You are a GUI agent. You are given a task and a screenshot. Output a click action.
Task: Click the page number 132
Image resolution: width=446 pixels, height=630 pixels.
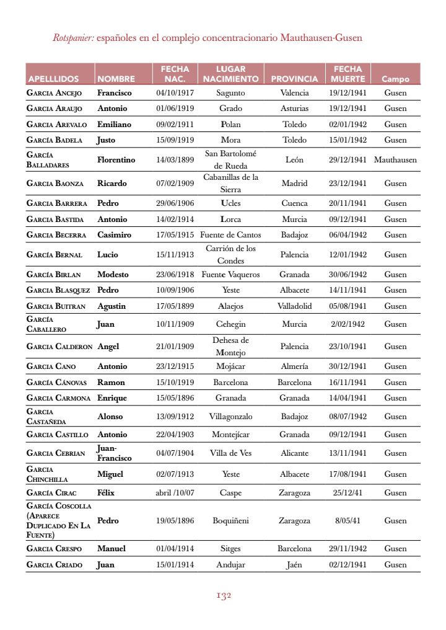point(224,596)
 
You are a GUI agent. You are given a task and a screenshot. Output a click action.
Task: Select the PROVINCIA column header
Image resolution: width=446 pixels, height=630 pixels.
point(294,79)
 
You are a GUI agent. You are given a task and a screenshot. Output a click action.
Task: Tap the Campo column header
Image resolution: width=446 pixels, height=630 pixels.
point(395,79)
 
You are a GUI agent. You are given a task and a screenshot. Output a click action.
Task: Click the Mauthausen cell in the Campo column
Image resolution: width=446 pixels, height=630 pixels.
point(395,159)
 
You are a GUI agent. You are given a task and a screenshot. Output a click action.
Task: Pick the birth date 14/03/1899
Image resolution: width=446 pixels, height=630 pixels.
point(175,159)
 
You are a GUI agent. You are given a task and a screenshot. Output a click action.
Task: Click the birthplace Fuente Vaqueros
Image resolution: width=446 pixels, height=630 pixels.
point(230,274)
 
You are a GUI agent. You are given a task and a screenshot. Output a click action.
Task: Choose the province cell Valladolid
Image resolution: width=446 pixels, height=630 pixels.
point(294,306)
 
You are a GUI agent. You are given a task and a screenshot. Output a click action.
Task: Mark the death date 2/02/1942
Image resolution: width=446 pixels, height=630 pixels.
point(348,324)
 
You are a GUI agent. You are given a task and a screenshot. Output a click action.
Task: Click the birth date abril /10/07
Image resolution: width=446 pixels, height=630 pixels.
point(175,493)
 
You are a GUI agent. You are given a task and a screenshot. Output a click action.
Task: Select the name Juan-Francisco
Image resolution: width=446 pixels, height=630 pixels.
point(115,453)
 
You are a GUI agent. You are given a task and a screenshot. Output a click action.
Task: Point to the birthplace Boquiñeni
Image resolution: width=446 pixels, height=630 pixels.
point(230,520)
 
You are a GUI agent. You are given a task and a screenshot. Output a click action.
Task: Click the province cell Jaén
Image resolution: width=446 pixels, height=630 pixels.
point(294,564)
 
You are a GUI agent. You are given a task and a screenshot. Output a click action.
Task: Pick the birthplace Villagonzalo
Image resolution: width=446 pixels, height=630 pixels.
point(230,416)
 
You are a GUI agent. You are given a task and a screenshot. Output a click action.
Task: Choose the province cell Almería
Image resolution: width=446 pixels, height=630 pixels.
point(294,366)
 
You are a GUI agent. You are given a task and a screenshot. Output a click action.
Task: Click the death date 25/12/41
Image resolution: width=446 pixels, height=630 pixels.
point(348,493)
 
